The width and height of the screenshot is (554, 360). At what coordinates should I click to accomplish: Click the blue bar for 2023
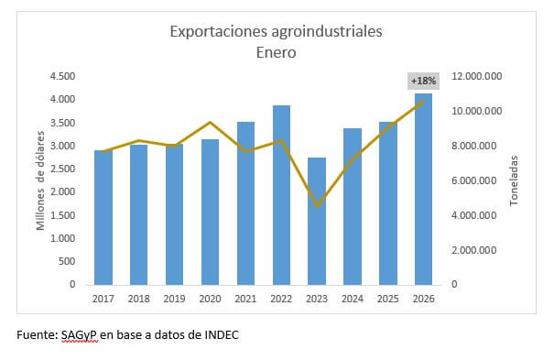click(317, 224)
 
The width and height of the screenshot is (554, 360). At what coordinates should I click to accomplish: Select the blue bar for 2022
click(281, 197)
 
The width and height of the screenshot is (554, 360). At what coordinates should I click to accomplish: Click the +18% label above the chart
click(424, 81)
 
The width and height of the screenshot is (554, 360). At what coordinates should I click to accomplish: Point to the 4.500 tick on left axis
click(62, 76)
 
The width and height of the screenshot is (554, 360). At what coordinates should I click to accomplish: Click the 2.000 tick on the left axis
click(62, 191)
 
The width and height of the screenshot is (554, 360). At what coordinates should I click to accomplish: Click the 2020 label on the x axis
click(210, 299)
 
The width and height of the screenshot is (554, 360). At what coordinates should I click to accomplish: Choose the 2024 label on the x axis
click(352, 299)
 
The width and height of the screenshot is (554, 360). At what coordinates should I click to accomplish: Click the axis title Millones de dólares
click(41, 180)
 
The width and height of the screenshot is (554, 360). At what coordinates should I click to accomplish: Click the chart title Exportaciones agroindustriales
click(276, 32)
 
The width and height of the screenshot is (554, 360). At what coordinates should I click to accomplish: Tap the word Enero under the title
click(276, 52)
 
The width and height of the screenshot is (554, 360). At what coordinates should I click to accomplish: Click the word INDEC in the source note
click(220, 335)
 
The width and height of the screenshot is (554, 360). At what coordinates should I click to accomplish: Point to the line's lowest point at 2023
click(317, 206)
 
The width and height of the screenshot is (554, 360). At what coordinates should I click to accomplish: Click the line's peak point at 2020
click(210, 122)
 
